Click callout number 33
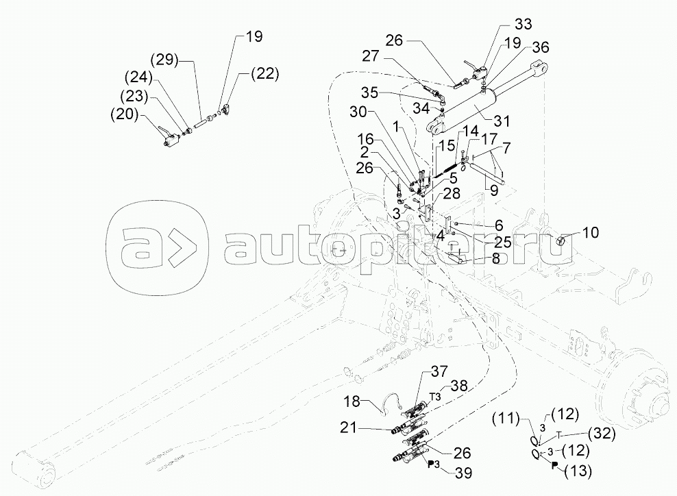point(523,25)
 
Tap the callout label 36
point(540,47)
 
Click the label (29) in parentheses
point(166,60)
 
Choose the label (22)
point(264,74)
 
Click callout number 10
point(589,233)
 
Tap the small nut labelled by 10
point(559,240)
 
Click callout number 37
point(439,372)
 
